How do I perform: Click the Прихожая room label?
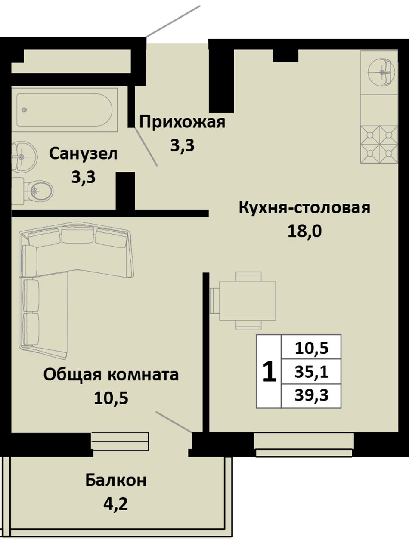182,122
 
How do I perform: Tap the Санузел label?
83,154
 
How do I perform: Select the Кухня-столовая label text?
304,208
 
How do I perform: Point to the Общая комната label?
111,375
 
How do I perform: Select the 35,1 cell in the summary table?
312,372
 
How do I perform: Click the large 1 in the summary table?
269,371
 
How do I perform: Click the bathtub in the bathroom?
65,110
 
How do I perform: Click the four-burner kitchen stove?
379,145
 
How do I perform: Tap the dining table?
247,301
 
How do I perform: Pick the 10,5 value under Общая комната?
111,398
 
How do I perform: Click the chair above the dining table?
248,276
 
